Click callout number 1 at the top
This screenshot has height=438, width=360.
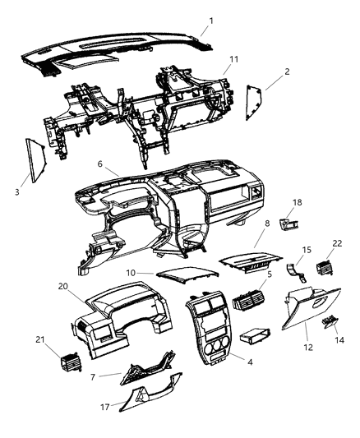pos(210,21)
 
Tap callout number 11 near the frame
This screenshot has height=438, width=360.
pos(233,60)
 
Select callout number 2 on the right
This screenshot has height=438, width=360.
pos(287,72)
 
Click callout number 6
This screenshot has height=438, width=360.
pos(100,164)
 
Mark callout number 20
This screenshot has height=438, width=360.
pos(62,287)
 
